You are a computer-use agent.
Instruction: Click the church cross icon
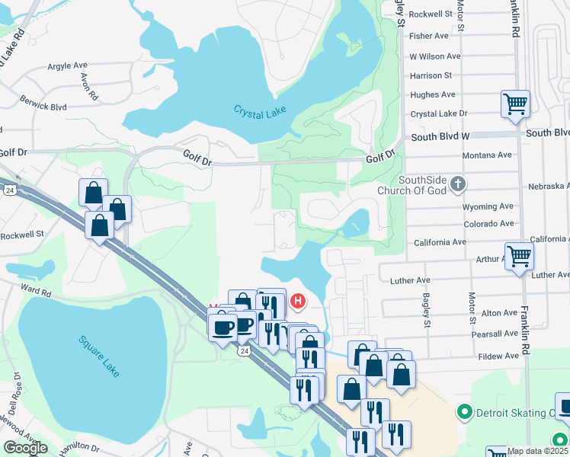[457, 184]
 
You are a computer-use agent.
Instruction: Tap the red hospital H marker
[297, 302]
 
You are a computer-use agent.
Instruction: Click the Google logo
[25, 447]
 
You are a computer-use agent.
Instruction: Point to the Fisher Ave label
[429, 36]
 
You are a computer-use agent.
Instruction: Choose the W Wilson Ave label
[435, 56]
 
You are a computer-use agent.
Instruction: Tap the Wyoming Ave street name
[488, 206]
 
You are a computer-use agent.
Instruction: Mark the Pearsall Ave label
[495, 334]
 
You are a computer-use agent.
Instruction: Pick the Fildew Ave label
[498, 356]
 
